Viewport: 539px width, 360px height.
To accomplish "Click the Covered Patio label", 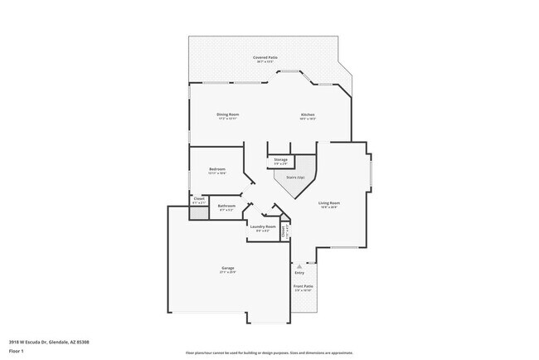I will (x=266, y=57).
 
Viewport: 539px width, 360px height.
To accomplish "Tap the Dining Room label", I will (x=228, y=114).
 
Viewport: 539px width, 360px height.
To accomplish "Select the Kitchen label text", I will (x=308, y=114).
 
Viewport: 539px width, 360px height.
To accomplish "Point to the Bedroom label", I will (x=217, y=168).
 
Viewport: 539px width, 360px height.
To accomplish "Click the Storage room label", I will (x=281, y=158).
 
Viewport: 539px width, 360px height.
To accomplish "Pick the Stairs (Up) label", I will (x=295, y=177).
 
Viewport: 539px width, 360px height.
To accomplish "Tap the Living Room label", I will (x=329, y=202).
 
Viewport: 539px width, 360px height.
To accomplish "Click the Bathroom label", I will (x=226, y=206).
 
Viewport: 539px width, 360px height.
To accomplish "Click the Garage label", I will (x=227, y=268).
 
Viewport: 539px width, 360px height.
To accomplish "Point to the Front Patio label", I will (x=303, y=286).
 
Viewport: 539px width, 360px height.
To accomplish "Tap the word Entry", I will (x=299, y=273).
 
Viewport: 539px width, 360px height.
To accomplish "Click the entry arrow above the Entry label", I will (x=299, y=266).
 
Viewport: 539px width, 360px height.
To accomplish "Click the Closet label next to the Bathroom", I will (x=199, y=198).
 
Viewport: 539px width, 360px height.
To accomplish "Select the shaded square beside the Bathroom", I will (x=198, y=212).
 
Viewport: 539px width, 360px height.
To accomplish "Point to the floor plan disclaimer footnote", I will (x=269, y=353).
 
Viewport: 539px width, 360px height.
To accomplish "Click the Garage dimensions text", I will (x=227, y=273).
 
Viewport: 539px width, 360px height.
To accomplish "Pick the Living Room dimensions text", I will (x=329, y=207).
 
